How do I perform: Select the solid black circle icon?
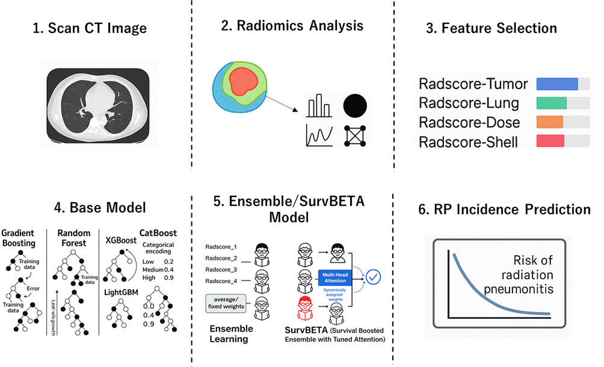[356, 106]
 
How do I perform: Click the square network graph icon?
[356, 136]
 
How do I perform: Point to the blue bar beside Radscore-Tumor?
[556, 83]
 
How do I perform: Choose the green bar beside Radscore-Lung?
[552, 103]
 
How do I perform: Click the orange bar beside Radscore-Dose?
[549, 122]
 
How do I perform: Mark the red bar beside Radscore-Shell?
[550, 141]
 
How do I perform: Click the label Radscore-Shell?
[468, 142]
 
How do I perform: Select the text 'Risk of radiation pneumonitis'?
[520, 274]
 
